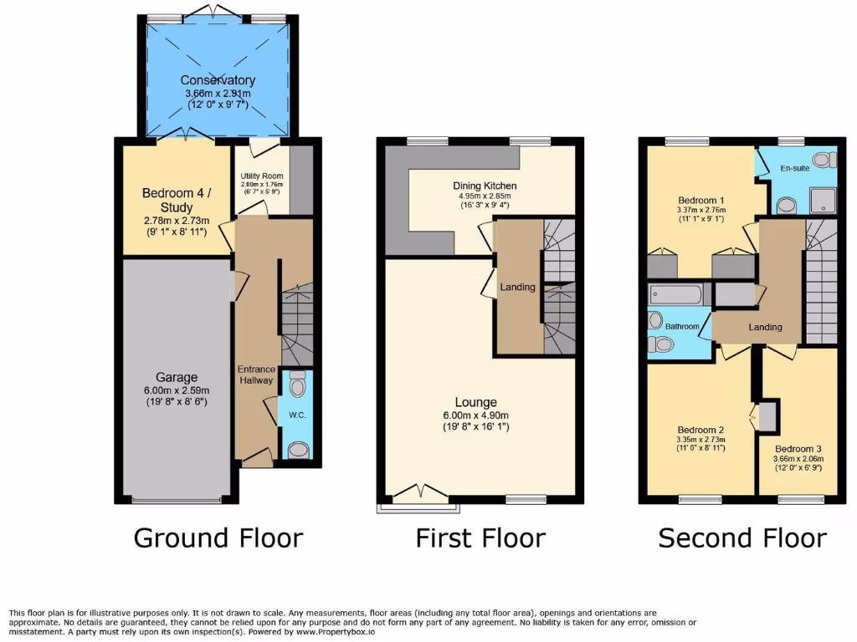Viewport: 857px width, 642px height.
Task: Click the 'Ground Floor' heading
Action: click(218, 538)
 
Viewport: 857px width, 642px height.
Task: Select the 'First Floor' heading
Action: click(480, 538)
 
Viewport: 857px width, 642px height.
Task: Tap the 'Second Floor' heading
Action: click(742, 538)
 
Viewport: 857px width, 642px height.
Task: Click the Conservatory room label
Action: click(218, 80)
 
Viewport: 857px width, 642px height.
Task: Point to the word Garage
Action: click(176, 377)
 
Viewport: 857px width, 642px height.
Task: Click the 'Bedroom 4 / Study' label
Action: click(175, 200)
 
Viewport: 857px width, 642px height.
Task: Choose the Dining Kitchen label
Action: click(485, 186)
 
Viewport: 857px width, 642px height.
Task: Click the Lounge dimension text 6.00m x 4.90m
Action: click(475, 415)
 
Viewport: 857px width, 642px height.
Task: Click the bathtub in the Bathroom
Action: click(675, 295)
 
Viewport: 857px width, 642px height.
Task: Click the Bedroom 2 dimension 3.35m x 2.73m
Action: click(701, 439)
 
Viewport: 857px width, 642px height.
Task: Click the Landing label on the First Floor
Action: click(517, 287)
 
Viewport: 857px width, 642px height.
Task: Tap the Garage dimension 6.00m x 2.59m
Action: click(176, 390)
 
